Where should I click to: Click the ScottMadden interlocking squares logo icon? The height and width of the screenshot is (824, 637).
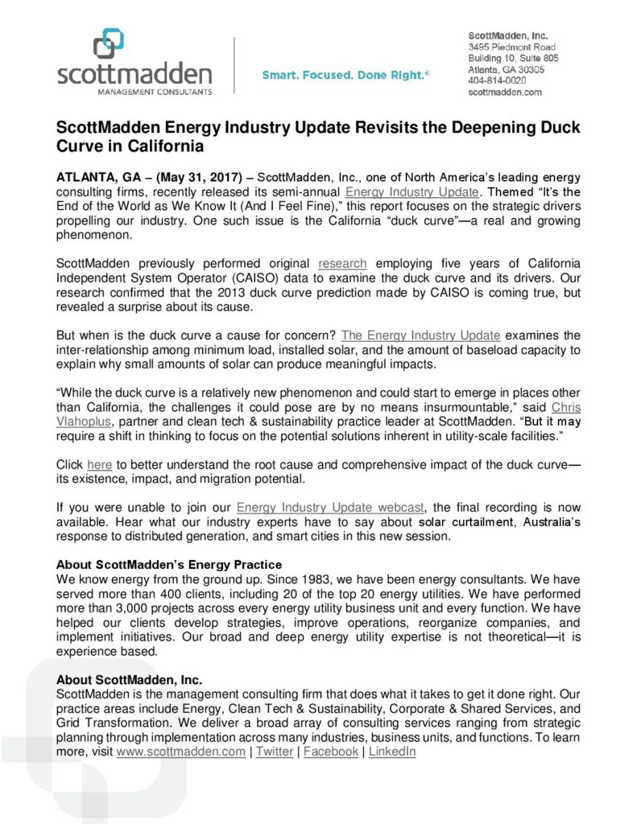tap(109, 43)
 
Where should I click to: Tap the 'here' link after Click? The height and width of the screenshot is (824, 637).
tap(99, 465)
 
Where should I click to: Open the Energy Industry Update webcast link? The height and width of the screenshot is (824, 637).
tap(331, 507)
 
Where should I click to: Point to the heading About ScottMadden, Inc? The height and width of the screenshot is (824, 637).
tap(129, 679)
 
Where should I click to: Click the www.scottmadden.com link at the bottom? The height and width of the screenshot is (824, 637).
tap(180, 752)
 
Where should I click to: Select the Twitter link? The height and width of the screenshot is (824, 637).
tap(275, 752)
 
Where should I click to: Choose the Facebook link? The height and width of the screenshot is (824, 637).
tap(330, 752)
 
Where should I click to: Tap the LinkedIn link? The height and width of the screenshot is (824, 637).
tap(392, 752)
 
